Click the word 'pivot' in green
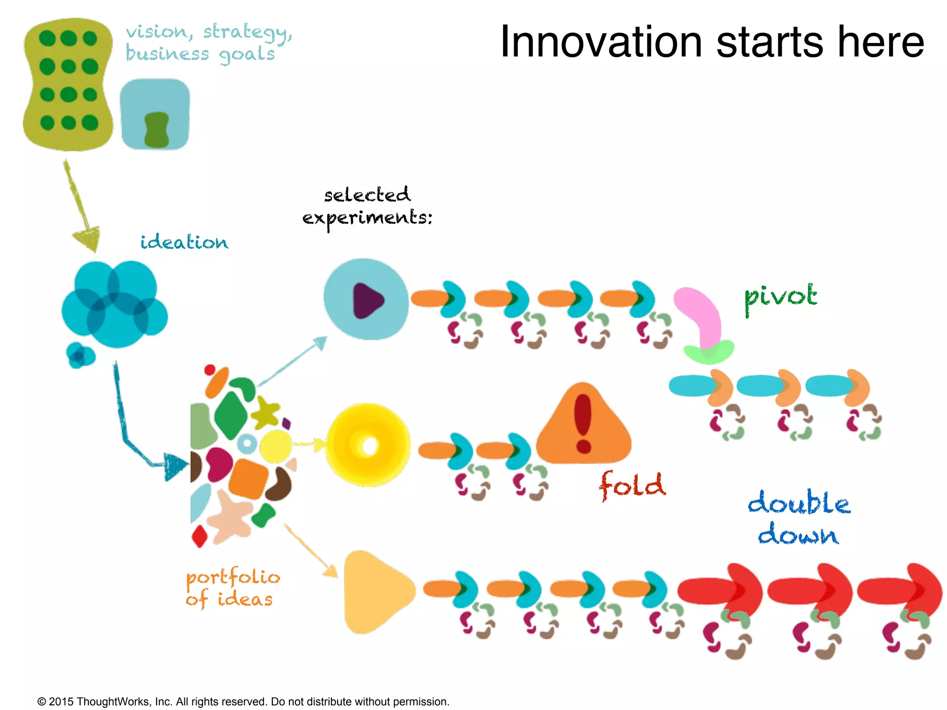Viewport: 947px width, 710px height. (x=780, y=298)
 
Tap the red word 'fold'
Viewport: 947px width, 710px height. (x=632, y=485)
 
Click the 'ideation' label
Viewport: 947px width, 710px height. (x=184, y=242)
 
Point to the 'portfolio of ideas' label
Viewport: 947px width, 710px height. (x=232, y=588)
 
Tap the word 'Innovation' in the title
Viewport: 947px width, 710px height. (x=601, y=43)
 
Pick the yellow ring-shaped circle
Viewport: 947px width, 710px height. (x=368, y=445)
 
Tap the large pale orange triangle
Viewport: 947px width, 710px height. (x=377, y=592)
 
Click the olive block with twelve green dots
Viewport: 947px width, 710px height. (x=68, y=84)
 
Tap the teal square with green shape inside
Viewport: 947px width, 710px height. (x=155, y=114)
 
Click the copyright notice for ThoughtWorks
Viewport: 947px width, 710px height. (x=243, y=701)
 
